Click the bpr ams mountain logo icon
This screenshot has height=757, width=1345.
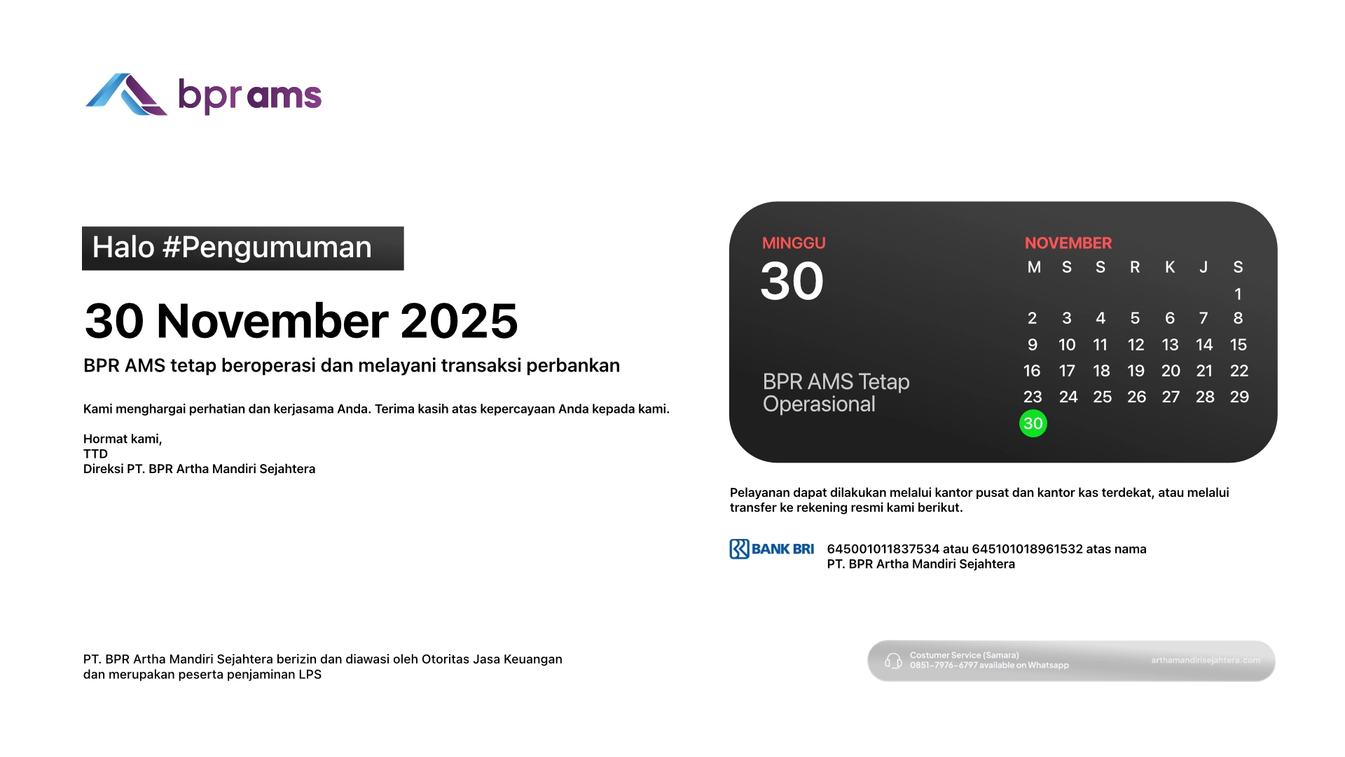(x=126, y=95)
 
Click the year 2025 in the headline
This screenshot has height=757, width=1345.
(x=459, y=321)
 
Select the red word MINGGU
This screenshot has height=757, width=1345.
(x=794, y=243)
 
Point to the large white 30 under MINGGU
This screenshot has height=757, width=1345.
(x=792, y=281)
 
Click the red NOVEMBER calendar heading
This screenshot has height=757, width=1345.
(x=1068, y=243)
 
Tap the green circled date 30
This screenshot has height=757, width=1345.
(x=1033, y=423)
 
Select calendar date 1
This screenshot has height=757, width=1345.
(x=1238, y=294)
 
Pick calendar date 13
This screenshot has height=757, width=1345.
(x=1170, y=345)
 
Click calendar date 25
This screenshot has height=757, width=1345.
(x=1102, y=397)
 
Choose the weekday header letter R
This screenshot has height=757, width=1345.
(x=1135, y=267)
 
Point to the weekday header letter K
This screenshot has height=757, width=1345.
(x=1170, y=267)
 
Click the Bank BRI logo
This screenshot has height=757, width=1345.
(x=772, y=549)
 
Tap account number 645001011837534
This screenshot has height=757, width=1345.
(x=883, y=549)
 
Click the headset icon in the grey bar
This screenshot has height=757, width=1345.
(x=893, y=661)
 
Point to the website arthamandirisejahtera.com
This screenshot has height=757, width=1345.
(x=1206, y=660)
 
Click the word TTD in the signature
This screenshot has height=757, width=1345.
(x=95, y=453)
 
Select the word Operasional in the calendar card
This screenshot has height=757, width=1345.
(x=819, y=404)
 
